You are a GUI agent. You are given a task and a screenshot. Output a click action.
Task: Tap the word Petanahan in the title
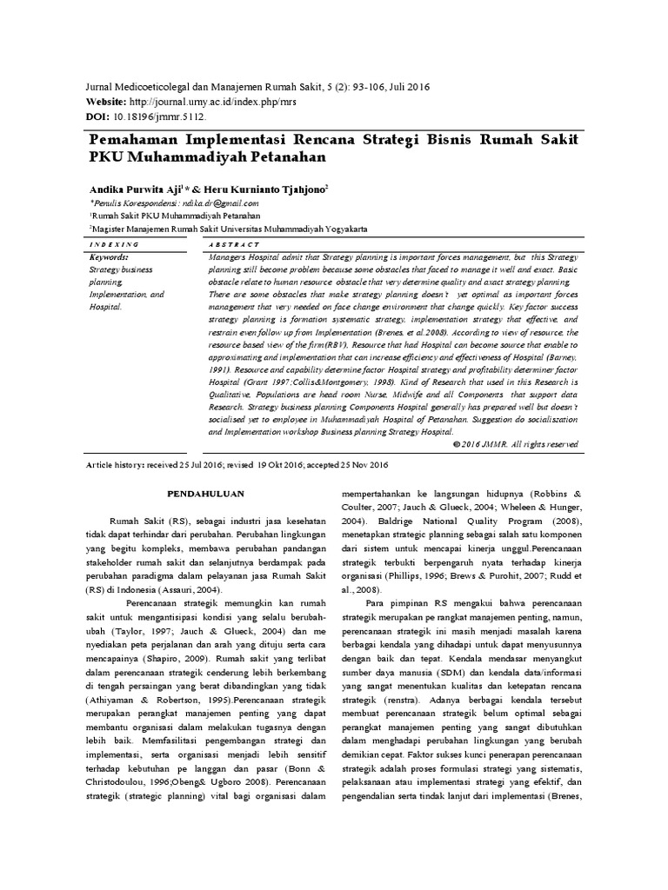point(281,157)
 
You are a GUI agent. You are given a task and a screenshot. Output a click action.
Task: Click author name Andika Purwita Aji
point(136,188)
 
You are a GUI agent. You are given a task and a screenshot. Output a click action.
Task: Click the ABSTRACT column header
point(234,246)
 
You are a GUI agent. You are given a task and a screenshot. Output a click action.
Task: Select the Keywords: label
point(110,258)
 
